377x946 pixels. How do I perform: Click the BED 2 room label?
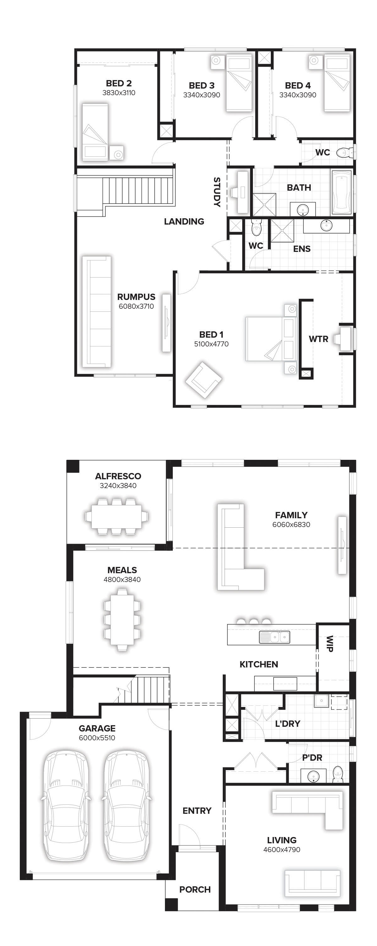pyautogui.click(x=119, y=83)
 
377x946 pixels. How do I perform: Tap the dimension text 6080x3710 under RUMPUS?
pyautogui.click(x=136, y=306)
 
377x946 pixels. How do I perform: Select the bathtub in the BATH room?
pyautogui.click(x=342, y=192)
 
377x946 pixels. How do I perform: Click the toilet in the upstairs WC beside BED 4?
pyautogui.click(x=344, y=152)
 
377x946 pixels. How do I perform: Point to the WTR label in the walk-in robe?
pyautogui.click(x=318, y=339)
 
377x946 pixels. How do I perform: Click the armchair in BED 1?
pyautogui.click(x=204, y=380)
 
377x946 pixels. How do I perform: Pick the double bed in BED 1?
pyautogui.click(x=271, y=339)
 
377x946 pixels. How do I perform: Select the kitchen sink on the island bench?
pyautogui.click(x=275, y=637)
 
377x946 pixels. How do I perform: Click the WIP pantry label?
pyautogui.click(x=330, y=644)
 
